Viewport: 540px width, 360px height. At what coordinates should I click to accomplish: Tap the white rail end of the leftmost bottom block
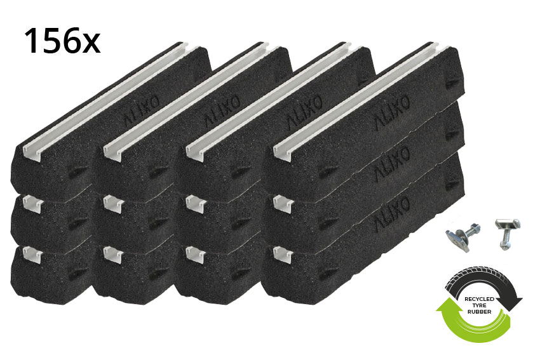tap(32, 253)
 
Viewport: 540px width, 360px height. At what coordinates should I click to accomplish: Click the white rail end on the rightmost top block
tap(282, 150)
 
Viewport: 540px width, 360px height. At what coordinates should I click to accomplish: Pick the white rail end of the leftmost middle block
tap(32, 203)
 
